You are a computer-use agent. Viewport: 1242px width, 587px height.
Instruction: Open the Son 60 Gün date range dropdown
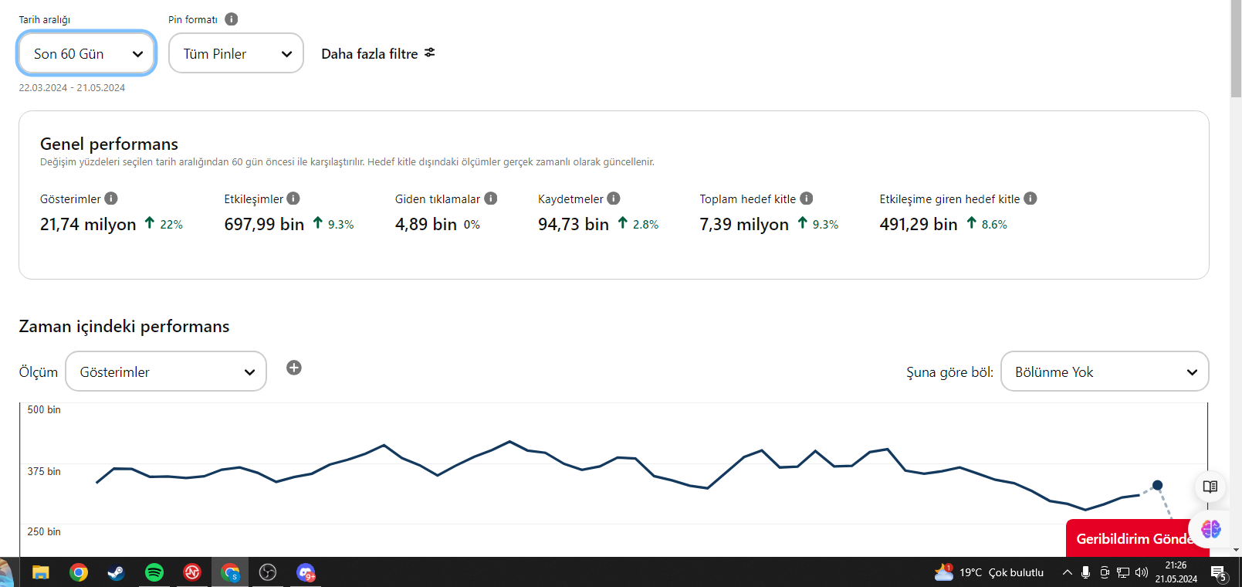(86, 53)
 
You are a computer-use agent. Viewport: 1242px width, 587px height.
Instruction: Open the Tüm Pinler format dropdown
(235, 53)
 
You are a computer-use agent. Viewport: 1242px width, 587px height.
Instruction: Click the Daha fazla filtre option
(378, 54)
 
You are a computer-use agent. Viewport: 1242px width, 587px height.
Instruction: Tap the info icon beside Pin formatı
(232, 19)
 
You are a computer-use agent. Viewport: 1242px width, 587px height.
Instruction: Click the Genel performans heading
(110, 144)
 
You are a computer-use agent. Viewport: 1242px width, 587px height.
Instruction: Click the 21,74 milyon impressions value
(88, 224)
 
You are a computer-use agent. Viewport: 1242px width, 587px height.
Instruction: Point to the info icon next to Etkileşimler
(293, 198)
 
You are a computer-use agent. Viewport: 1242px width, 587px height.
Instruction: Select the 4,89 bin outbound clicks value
(426, 224)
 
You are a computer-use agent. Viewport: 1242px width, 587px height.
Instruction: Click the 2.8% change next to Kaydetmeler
(645, 224)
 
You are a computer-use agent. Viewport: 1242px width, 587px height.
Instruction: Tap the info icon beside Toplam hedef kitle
(807, 198)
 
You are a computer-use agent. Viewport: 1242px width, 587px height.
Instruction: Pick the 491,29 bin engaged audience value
(919, 224)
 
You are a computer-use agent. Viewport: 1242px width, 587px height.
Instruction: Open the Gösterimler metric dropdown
(166, 372)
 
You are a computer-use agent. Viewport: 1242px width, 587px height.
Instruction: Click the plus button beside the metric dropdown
(294, 368)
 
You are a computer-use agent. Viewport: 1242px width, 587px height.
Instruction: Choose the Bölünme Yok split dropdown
(1105, 372)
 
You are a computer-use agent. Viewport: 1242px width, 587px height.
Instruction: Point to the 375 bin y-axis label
(44, 471)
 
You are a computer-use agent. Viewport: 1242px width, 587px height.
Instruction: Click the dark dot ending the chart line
(1157, 486)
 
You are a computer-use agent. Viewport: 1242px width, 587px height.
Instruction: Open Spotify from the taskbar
(154, 572)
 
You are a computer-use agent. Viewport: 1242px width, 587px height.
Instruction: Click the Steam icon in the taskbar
(116, 572)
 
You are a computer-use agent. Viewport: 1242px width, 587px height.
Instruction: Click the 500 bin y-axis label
(44, 409)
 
